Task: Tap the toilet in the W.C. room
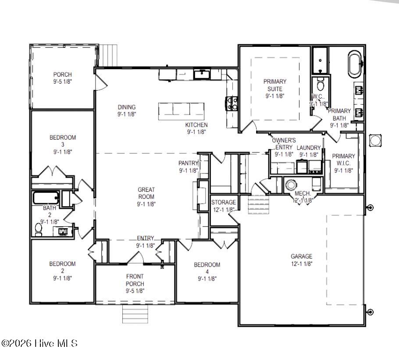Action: pyautogui.click(x=321, y=84)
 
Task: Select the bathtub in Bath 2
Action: pyautogui.click(x=46, y=198)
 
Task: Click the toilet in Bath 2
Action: pyautogui.click(x=39, y=229)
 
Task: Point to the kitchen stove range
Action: pyautogui.click(x=232, y=103)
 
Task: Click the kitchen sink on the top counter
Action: pyautogui.click(x=202, y=74)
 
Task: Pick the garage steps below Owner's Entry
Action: pyautogui.click(x=257, y=204)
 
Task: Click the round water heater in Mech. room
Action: pyautogui.click(x=291, y=184)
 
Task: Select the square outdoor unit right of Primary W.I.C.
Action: pyautogui.click(x=376, y=141)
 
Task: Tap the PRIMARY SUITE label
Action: pyautogui.click(x=275, y=85)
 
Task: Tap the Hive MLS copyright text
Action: pyautogui.click(x=39, y=343)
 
